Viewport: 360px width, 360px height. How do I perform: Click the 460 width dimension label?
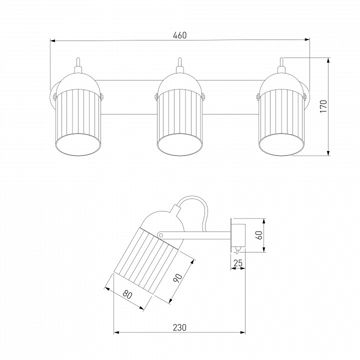pyautogui.click(x=180, y=35)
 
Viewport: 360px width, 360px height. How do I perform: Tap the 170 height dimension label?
pyautogui.click(x=323, y=106)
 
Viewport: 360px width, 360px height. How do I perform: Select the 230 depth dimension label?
pyautogui.click(x=179, y=327)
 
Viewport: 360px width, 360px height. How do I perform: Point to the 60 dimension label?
pyautogui.click(x=259, y=235)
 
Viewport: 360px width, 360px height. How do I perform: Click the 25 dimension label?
pyautogui.click(x=238, y=263)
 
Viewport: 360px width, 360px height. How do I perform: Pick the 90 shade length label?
pyautogui.click(x=178, y=278)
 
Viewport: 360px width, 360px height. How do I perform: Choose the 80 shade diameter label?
pyautogui.click(x=127, y=294)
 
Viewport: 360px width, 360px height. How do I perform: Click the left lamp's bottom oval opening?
pyautogui.click(x=78, y=144)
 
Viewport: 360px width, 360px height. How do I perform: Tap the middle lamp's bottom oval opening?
pyautogui.click(x=180, y=144)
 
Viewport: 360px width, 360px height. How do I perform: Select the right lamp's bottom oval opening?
pyautogui.click(x=281, y=144)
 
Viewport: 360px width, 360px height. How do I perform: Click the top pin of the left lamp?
pyautogui.click(x=78, y=62)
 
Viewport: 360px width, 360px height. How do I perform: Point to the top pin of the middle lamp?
pyautogui.click(x=180, y=62)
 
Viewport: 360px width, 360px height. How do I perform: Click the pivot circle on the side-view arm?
pyautogui.click(x=161, y=235)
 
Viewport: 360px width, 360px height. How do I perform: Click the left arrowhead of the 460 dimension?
pyautogui.click(x=52, y=41)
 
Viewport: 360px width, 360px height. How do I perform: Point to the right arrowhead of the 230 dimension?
pyautogui.click(x=242, y=332)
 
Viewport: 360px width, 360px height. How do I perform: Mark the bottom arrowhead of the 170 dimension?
pyautogui.click(x=328, y=153)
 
